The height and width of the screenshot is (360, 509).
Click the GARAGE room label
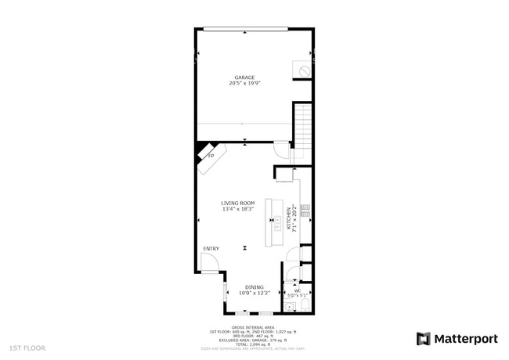coord(244,77)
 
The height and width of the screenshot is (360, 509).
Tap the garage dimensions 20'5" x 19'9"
coord(244,84)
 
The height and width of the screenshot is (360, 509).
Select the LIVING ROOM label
coord(237,203)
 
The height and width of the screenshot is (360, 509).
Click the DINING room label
coord(254,286)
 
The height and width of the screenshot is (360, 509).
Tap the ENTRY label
coord(211,249)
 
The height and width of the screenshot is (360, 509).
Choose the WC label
coord(297,291)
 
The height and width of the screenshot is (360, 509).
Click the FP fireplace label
coord(210,156)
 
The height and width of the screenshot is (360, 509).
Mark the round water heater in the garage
coord(301,70)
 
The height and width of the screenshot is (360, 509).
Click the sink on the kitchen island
coord(277,222)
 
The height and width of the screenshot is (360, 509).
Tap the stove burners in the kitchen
coord(305,210)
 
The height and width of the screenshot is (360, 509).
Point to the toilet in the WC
coord(306,304)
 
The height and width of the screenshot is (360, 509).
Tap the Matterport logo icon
coord(423,339)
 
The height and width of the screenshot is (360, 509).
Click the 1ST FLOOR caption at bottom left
coord(27,347)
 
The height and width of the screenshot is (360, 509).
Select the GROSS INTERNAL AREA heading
coord(252,327)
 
